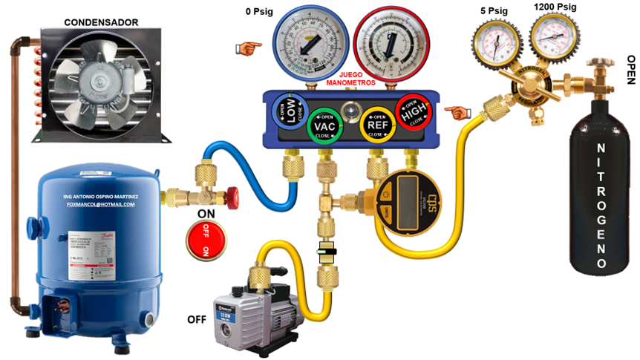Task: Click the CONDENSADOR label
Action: [101, 23]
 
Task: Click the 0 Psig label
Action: [260, 12]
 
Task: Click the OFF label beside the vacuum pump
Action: [196, 320]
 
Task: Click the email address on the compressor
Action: [101, 203]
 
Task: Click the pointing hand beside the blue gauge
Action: [249, 48]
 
